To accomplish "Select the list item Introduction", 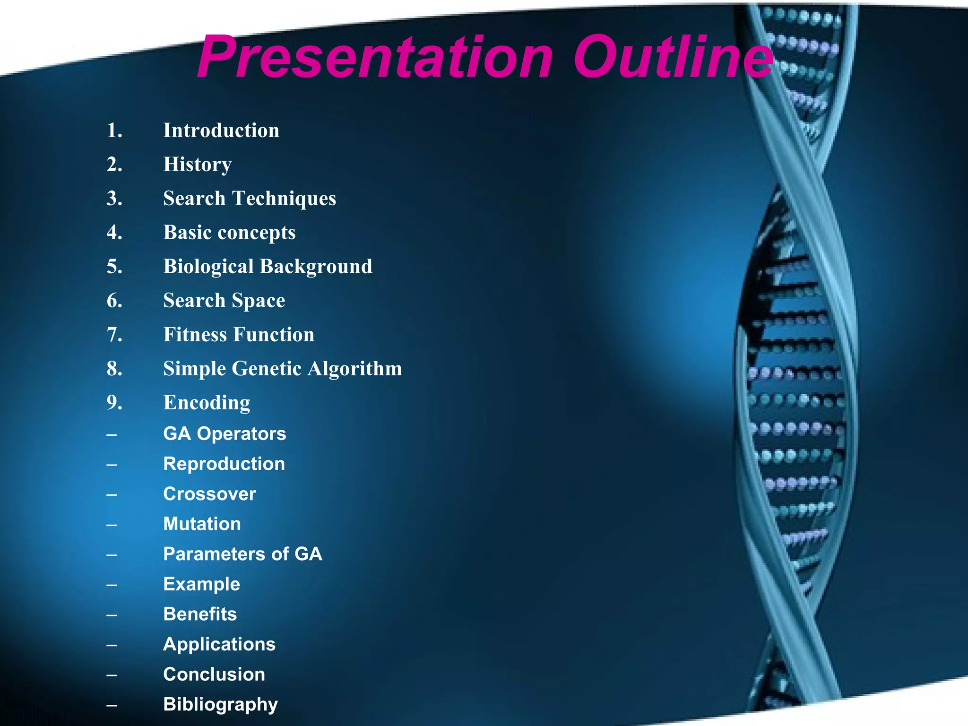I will click(221, 130).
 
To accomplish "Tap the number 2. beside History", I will click(114, 164).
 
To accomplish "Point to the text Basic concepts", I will click(229, 233).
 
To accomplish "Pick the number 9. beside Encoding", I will click(114, 403).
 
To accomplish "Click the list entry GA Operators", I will click(225, 434).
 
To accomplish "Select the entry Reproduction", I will click(224, 464).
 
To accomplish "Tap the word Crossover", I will click(209, 494).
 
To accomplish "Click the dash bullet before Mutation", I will click(112, 524).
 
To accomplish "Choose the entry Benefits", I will click(200, 614).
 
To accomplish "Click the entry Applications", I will click(219, 644).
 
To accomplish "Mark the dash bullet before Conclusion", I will click(112, 674).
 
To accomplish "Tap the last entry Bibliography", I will click(220, 704).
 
